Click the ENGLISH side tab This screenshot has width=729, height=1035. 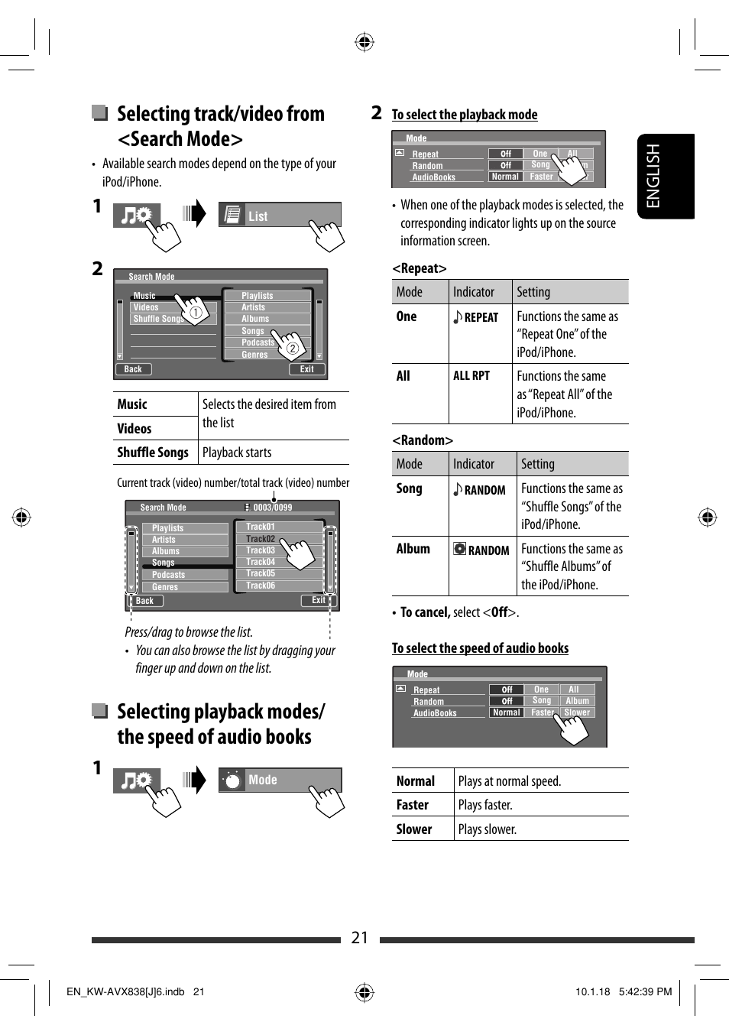coord(665,176)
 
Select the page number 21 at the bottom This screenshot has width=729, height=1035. coord(360,938)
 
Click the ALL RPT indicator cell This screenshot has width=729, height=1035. coord(471,376)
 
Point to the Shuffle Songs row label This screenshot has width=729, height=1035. coord(153,453)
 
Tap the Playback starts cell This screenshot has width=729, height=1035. coord(237,453)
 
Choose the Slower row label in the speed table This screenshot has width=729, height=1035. coord(414,829)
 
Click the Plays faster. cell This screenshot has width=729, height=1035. coord(485,805)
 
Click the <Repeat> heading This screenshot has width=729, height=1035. coord(420,268)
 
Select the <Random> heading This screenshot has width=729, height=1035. coord(423,440)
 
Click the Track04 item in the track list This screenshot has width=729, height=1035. coord(261,562)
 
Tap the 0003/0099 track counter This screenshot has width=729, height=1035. coord(272,508)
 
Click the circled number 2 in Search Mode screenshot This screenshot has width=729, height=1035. coord(292,349)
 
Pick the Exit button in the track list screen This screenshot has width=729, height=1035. coord(318,601)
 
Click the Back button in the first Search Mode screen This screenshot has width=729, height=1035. coord(133,369)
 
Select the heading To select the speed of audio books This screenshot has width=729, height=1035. coord(480,648)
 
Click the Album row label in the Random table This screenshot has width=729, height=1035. coord(413,549)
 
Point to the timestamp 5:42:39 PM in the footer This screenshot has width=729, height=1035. coord(645,991)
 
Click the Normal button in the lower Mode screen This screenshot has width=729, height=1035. coord(506,712)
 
